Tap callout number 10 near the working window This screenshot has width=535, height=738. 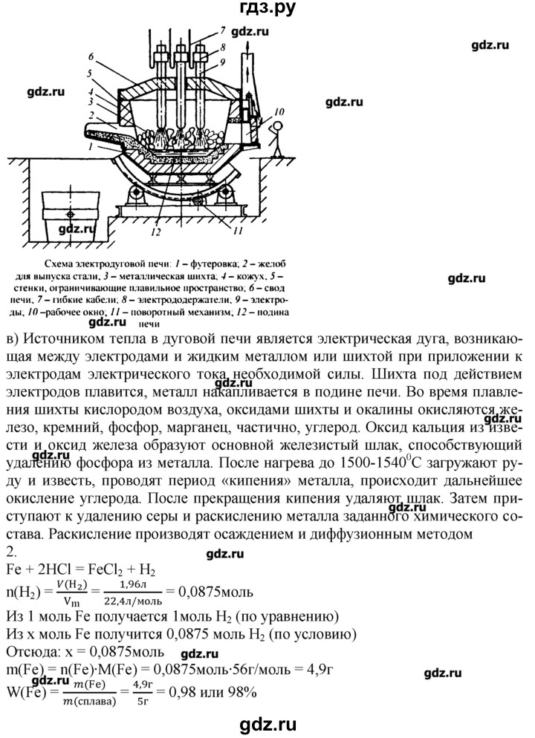278,112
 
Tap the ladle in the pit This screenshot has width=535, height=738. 69,215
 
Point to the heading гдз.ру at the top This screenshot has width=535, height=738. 267,10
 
